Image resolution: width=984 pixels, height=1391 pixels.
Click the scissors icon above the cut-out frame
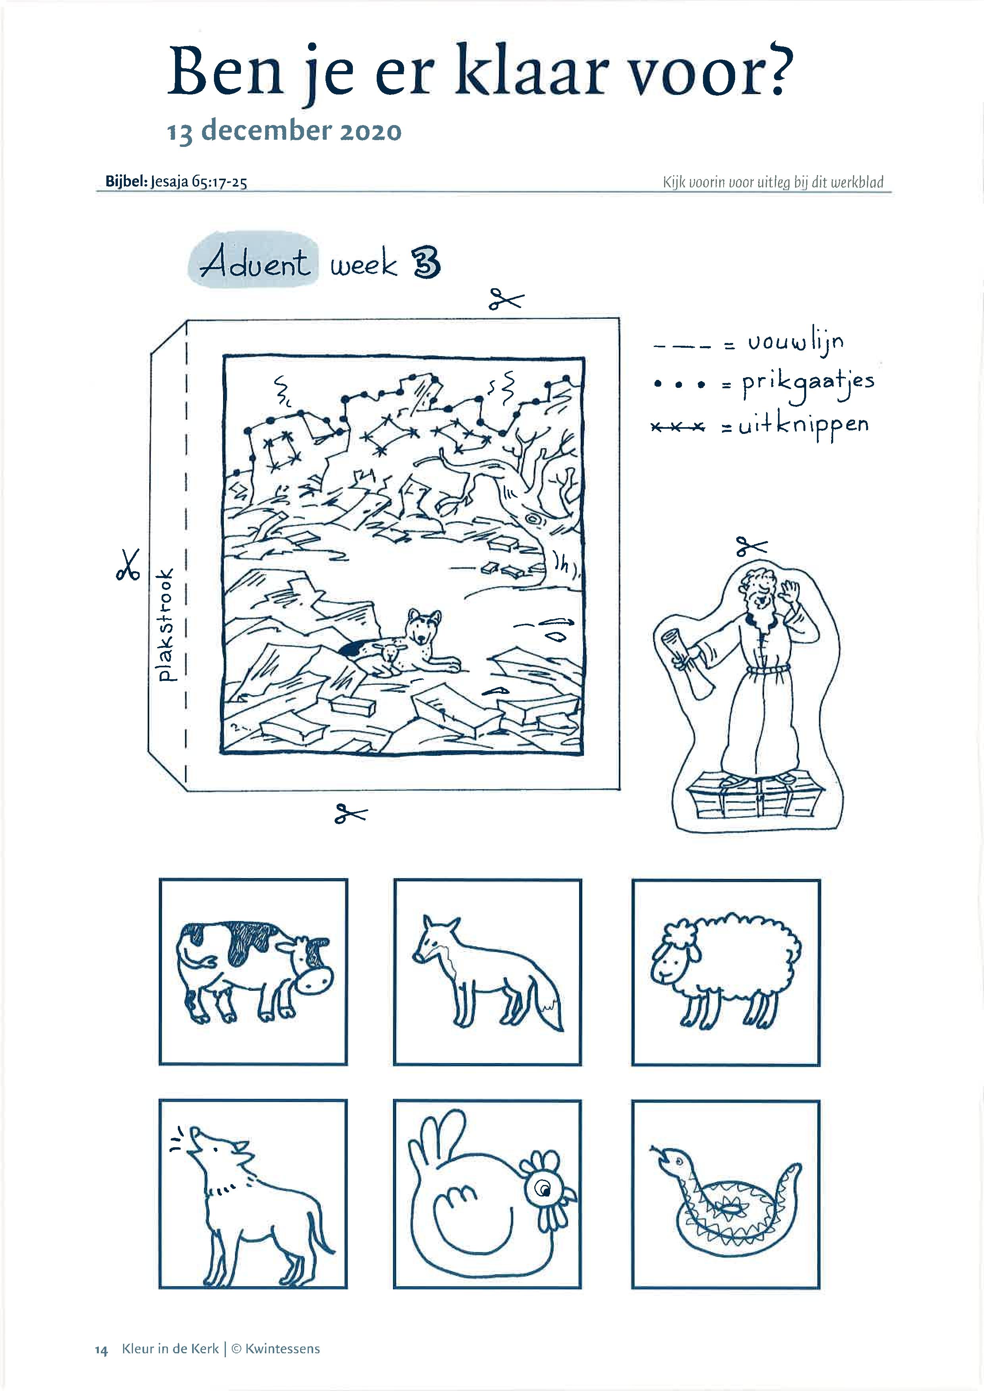pos(506,300)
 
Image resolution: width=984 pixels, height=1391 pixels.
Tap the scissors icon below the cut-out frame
pos(351,814)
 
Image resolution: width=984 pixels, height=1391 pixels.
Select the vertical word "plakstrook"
pos(165,624)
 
